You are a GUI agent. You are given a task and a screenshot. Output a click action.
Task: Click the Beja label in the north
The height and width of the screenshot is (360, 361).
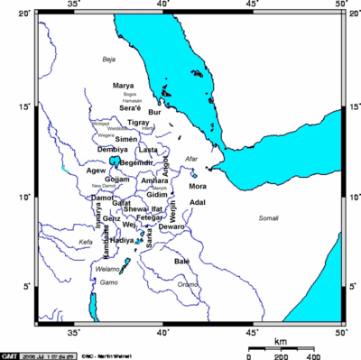tap(110, 60)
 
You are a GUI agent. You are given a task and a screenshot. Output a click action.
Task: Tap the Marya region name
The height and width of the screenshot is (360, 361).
tap(124, 86)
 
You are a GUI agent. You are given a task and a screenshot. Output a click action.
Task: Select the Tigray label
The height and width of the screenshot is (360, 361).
tap(139, 122)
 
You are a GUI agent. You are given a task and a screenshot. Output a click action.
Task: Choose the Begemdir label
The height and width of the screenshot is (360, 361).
tap(136, 163)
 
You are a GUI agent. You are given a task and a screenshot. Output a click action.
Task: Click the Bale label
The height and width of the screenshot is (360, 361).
tap(181, 261)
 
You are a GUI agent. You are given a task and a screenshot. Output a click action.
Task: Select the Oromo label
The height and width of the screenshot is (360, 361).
tap(188, 284)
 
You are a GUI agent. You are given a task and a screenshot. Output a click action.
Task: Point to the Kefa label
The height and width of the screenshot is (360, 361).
tap(86, 242)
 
